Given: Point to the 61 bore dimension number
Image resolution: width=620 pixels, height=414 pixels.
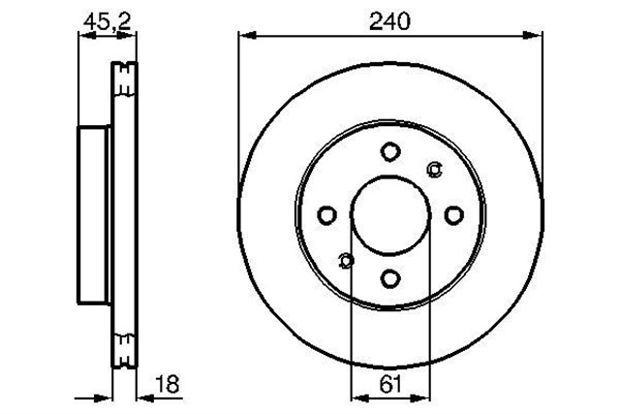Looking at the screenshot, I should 390,384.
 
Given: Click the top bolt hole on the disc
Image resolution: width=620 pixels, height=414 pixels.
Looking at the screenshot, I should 390,152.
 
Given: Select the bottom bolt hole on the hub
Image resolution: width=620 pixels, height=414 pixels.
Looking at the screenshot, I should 390,279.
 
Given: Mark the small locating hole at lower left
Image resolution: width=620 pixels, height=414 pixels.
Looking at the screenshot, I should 346,260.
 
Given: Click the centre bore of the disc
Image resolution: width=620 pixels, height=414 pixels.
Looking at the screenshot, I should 390,215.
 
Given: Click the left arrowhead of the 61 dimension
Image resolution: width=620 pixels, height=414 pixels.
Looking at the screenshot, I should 356,396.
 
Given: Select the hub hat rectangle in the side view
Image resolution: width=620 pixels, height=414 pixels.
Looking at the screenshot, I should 94,214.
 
